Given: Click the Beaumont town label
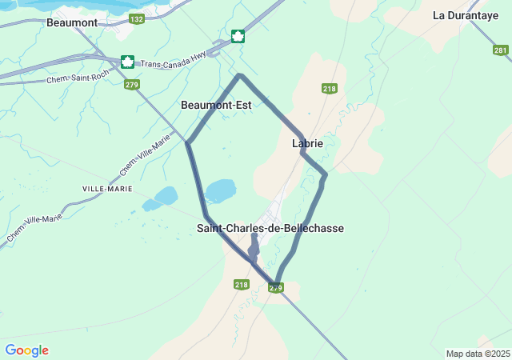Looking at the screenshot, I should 72,22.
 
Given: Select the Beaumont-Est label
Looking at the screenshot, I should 216,105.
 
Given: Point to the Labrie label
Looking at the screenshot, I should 308,143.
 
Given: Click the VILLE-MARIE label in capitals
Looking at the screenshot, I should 107,187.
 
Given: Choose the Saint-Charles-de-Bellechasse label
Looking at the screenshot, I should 270,228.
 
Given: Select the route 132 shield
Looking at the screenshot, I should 136,18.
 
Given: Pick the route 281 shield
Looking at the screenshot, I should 501,50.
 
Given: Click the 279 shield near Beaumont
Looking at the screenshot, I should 132,84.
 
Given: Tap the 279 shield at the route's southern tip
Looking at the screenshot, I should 276,287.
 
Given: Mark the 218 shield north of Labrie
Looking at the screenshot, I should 330,88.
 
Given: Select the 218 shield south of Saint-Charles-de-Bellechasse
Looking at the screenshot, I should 242,284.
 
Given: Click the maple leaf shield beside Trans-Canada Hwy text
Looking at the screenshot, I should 127,62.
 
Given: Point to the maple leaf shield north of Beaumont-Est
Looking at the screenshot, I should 238,36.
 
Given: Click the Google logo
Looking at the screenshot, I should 26,350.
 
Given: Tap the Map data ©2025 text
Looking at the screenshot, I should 478,354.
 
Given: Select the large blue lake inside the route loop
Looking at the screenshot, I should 221,190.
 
